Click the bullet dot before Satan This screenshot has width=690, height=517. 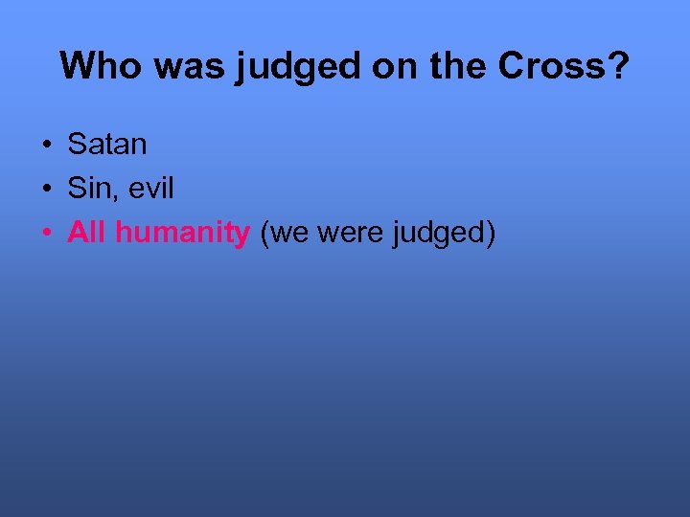click(46, 146)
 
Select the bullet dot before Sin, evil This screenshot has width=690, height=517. click(46, 190)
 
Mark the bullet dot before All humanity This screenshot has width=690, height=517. click(46, 234)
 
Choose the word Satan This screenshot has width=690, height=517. click(107, 145)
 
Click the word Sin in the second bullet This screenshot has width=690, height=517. click(90, 189)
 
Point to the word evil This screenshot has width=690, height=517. click(149, 189)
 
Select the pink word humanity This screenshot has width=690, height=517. click(182, 235)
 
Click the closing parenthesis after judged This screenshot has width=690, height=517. click(490, 235)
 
